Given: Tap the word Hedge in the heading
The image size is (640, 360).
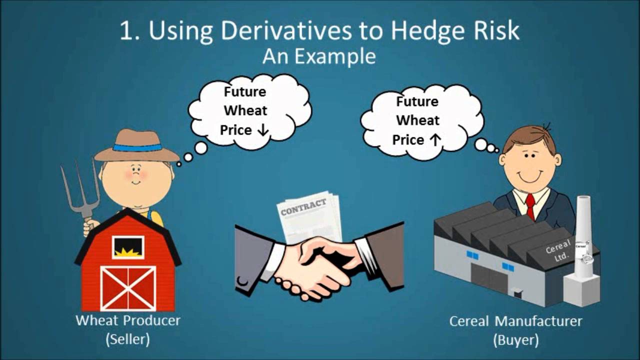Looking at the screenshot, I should pos(429,30).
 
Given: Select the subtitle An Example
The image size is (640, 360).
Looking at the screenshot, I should pos(319,56).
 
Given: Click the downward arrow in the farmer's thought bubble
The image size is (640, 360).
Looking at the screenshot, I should pos(263,130).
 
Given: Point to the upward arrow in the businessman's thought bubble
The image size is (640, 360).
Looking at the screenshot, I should pos(434,140).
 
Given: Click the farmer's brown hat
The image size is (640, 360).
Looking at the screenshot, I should pos(136,145).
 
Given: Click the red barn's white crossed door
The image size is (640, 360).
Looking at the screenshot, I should pos(128,287).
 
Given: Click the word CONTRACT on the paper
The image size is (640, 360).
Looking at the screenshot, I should pos(303,207).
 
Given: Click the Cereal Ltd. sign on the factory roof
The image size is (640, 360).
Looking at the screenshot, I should pos(558,251).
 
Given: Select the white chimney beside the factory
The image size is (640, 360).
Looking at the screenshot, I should pos(583,250).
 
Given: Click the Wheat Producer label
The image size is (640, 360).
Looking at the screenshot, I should pos(128,320).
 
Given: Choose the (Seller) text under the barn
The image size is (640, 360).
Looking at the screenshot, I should pos(128,339).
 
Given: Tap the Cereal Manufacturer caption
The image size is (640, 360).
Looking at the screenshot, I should pos(515,321).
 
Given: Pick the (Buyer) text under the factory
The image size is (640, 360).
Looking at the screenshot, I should pos(515,340).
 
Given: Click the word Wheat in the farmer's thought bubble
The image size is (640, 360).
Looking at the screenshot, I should pos(245,110).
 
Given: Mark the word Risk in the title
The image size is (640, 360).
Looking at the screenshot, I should pos(492,30).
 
